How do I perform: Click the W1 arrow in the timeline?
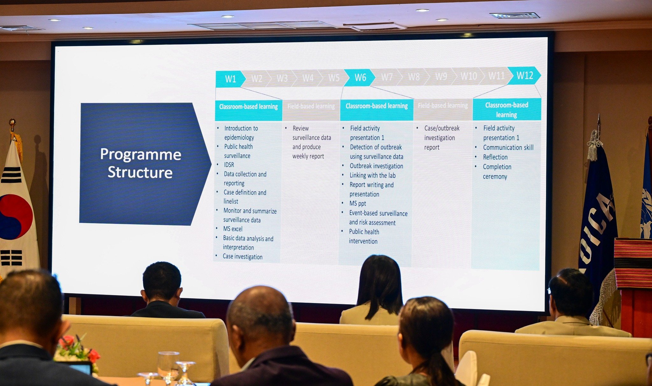pos(230,79)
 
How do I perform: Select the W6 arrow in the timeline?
pos(360,78)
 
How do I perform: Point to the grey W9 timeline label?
pos(441,77)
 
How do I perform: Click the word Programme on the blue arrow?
pos(140,155)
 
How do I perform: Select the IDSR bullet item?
pos(229,165)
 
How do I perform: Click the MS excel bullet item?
pos(233,229)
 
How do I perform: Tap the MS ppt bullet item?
pos(358,203)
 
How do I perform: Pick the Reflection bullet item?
pos(495,157)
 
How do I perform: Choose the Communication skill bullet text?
pos(508,148)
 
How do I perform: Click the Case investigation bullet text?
pos(243,257)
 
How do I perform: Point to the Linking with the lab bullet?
pos(372,176)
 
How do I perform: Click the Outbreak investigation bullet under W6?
pos(376,166)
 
